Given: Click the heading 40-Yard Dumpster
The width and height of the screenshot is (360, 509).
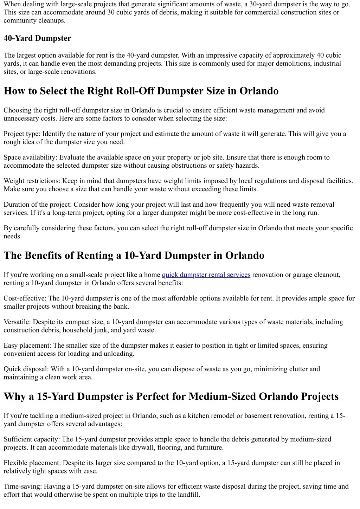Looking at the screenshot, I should pyautogui.click(x=37, y=38).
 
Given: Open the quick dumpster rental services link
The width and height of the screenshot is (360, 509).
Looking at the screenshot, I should pyautogui.click(x=206, y=275).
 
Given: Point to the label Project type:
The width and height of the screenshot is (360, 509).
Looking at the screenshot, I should pyautogui.click(x=22, y=134).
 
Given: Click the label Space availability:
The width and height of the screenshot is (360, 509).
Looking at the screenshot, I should pyautogui.click(x=30, y=157).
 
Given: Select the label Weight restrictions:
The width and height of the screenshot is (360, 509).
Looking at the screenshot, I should pyautogui.click(x=32, y=181).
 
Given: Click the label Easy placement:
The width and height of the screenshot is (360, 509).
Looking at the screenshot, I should pyautogui.click(x=27, y=346).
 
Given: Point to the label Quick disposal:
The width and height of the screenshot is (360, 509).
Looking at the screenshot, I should pyautogui.click(x=26, y=369).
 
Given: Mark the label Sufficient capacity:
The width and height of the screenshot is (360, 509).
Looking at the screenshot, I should pyautogui.click(x=32, y=439).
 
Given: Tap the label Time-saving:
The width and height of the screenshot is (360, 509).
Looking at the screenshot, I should pyautogui.click(x=22, y=487).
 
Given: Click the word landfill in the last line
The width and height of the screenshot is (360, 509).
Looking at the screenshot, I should pyautogui.click(x=188, y=495).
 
